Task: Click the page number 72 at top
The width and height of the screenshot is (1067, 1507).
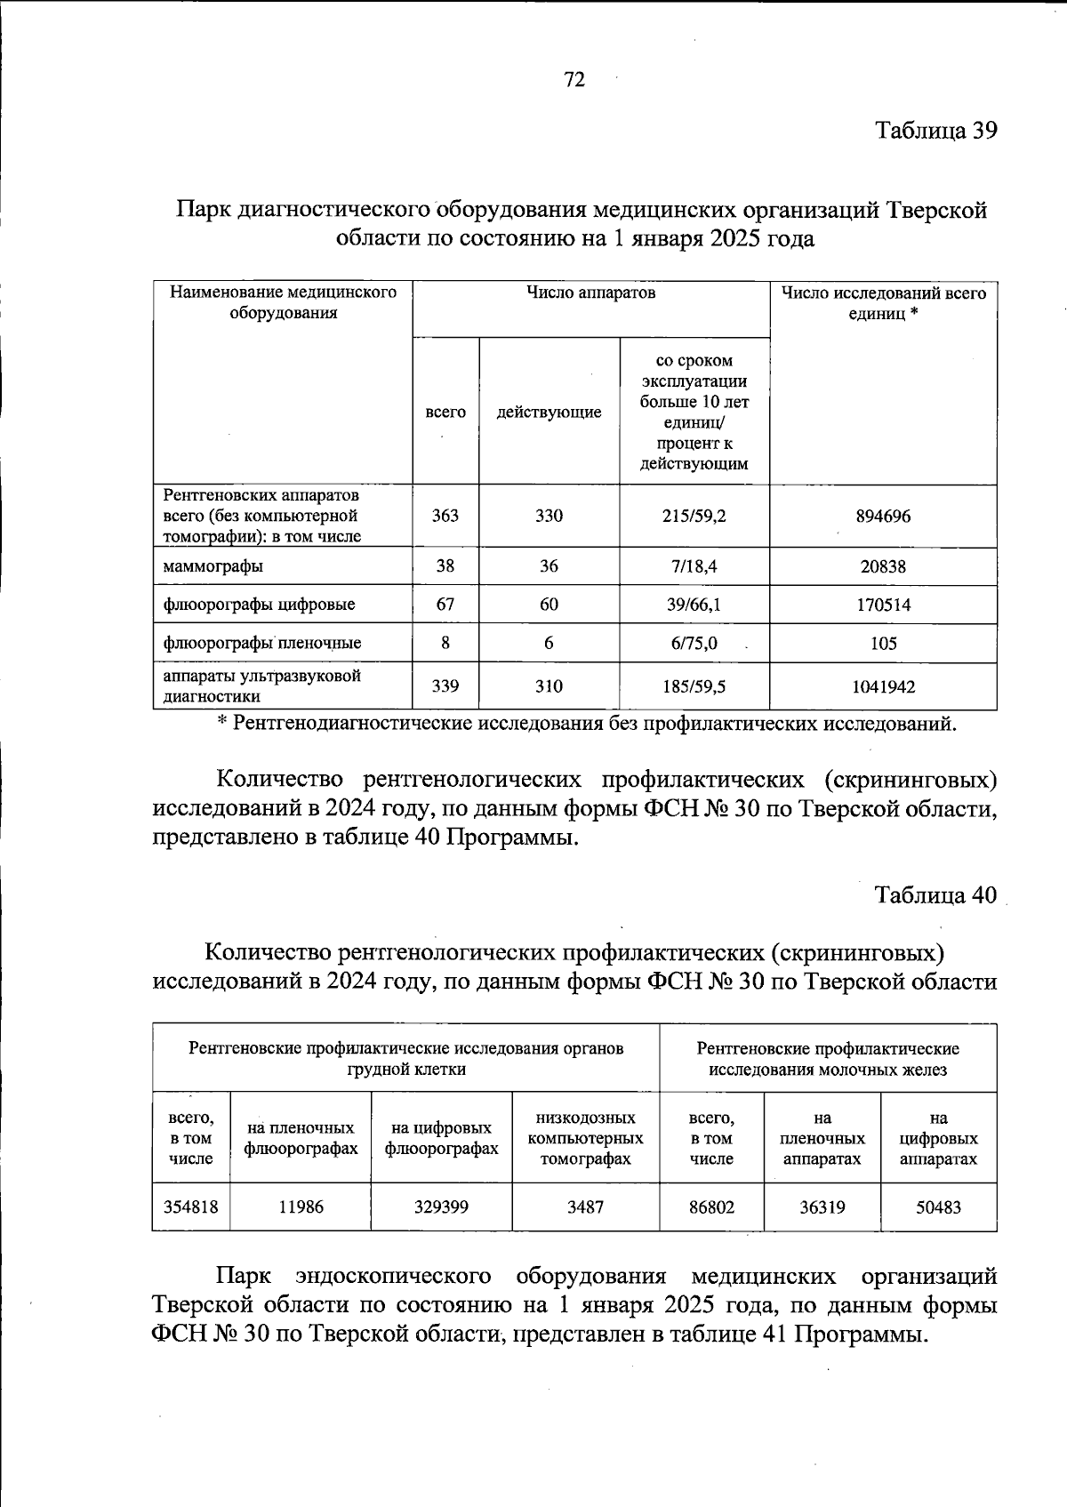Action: point(574,80)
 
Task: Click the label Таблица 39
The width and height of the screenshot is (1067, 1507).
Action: point(935,131)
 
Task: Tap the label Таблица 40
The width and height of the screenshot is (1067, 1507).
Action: point(935,894)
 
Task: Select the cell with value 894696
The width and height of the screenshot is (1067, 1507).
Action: point(883,516)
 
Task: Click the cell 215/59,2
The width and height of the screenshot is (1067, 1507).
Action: point(694,516)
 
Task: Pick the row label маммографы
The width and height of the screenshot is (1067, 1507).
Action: point(213,566)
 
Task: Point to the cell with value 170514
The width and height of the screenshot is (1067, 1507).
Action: point(883,605)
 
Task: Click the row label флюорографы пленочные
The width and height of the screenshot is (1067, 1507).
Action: point(261,643)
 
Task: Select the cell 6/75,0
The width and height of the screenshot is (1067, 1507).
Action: point(694,643)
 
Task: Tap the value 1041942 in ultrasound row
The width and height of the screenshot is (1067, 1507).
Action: point(883,686)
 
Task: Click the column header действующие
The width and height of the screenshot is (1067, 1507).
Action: point(549,412)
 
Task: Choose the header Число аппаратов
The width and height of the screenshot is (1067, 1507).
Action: point(590,293)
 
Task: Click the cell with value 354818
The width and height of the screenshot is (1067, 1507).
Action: point(190,1207)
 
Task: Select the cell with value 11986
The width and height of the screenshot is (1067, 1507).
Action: point(301,1207)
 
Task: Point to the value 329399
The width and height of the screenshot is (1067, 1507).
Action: point(441,1207)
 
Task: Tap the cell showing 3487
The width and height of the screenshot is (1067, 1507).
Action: point(585,1207)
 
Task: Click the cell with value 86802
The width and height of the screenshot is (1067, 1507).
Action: point(711,1207)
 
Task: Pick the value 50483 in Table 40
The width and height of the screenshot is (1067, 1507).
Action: point(938,1207)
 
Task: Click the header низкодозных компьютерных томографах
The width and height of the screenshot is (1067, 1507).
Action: point(585,1138)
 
